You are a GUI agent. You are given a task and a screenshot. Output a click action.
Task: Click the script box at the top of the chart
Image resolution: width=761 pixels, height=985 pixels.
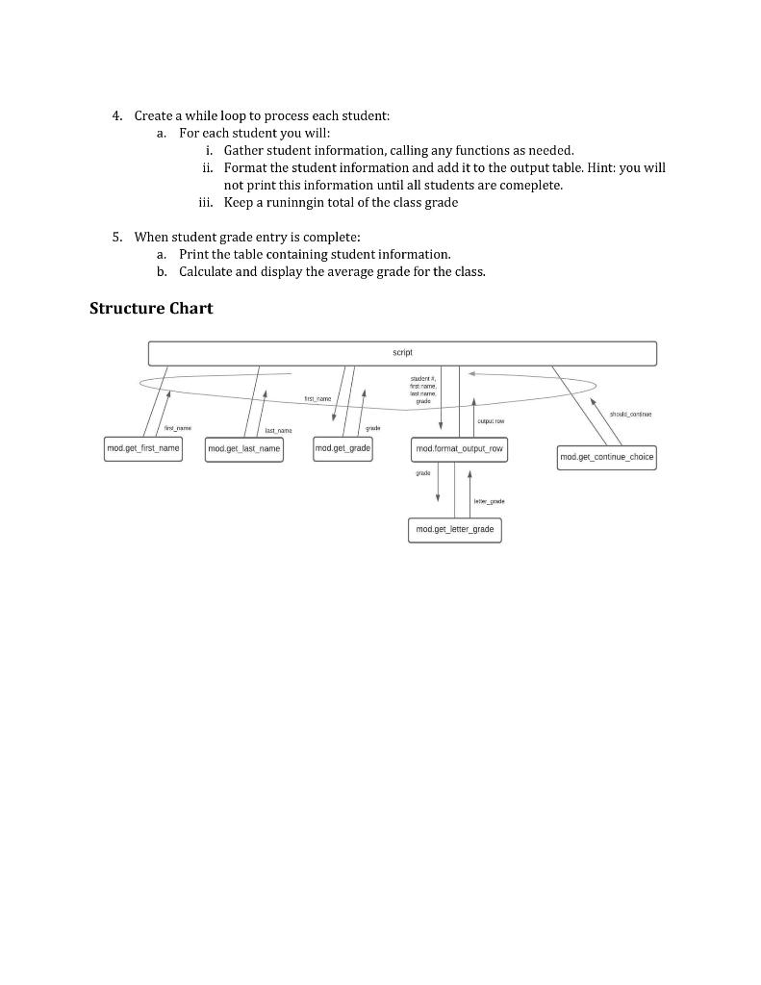pyautogui.click(x=402, y=353)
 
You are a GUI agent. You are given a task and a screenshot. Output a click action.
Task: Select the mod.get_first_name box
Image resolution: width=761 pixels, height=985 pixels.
pyautogui.click(x=143, y=448)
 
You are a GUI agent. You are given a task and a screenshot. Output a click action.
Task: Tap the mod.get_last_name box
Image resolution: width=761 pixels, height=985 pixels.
pyautogui.click(x=244, y=449)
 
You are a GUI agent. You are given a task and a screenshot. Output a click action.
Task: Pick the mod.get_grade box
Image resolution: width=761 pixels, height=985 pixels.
pyautogui.click(x=343, y=448)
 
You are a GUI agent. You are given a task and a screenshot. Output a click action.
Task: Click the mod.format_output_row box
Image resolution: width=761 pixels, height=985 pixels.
pyautogui.click(x=459, y=449)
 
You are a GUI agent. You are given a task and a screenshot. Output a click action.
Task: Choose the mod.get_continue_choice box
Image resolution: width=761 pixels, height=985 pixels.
pyautogui.click(x=607, y=457)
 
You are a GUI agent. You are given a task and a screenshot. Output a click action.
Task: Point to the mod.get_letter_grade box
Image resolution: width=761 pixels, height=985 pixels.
pyautogui.click(x=455, y=530)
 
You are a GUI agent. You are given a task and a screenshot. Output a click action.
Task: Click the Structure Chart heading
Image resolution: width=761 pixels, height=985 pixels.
pyautogui.click(x=151, y=308)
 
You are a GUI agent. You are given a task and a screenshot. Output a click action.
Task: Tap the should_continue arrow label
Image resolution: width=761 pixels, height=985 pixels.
pyautogui.click(x=630, y=415)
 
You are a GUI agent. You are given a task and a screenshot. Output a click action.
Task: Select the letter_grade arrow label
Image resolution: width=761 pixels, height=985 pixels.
pyautogui.click(x=490, y=501)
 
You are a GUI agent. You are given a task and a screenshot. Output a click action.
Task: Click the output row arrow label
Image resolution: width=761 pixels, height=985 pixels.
pyautogui.click(x=492, y=420)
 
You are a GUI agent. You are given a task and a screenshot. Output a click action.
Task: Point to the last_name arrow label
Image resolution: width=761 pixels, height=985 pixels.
pyautogui.click(x=278, y=431)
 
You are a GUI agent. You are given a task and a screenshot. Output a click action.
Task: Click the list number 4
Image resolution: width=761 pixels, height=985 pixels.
pyautogui.click(x=117, y=115)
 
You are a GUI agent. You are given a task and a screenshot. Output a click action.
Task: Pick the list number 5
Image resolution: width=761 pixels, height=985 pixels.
pyautogui.click(x=117, y=237)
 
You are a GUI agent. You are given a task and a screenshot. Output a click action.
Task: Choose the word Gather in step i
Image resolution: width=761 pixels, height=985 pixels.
pyautogui.click(x=245, y=150)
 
